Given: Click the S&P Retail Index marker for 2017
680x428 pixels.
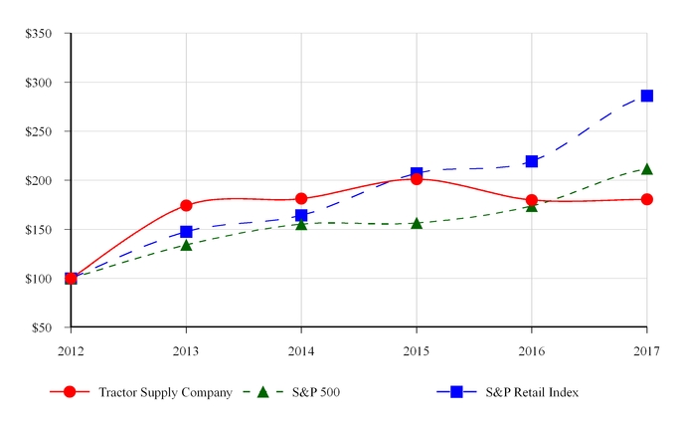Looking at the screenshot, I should [646, 96].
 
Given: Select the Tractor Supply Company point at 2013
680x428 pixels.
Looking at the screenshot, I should [186, 205].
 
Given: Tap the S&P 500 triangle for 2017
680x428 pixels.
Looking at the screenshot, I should [646, 169].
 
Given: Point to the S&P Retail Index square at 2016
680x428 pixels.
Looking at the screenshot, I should [532, 161].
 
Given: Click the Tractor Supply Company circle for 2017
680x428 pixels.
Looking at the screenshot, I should [646, 199].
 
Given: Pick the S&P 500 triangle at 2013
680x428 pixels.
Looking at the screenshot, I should [186, 245].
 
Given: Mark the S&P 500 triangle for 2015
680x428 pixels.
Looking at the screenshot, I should [417, 223].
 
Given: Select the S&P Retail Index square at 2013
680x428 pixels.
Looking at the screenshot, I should [186, 232].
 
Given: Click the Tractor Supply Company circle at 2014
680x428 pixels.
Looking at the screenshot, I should [301, 199].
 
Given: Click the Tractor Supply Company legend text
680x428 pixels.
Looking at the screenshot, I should [165, 392].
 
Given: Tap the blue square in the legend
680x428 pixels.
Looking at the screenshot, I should [457, 392].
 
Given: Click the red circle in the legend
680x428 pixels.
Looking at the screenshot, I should [71, 392].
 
